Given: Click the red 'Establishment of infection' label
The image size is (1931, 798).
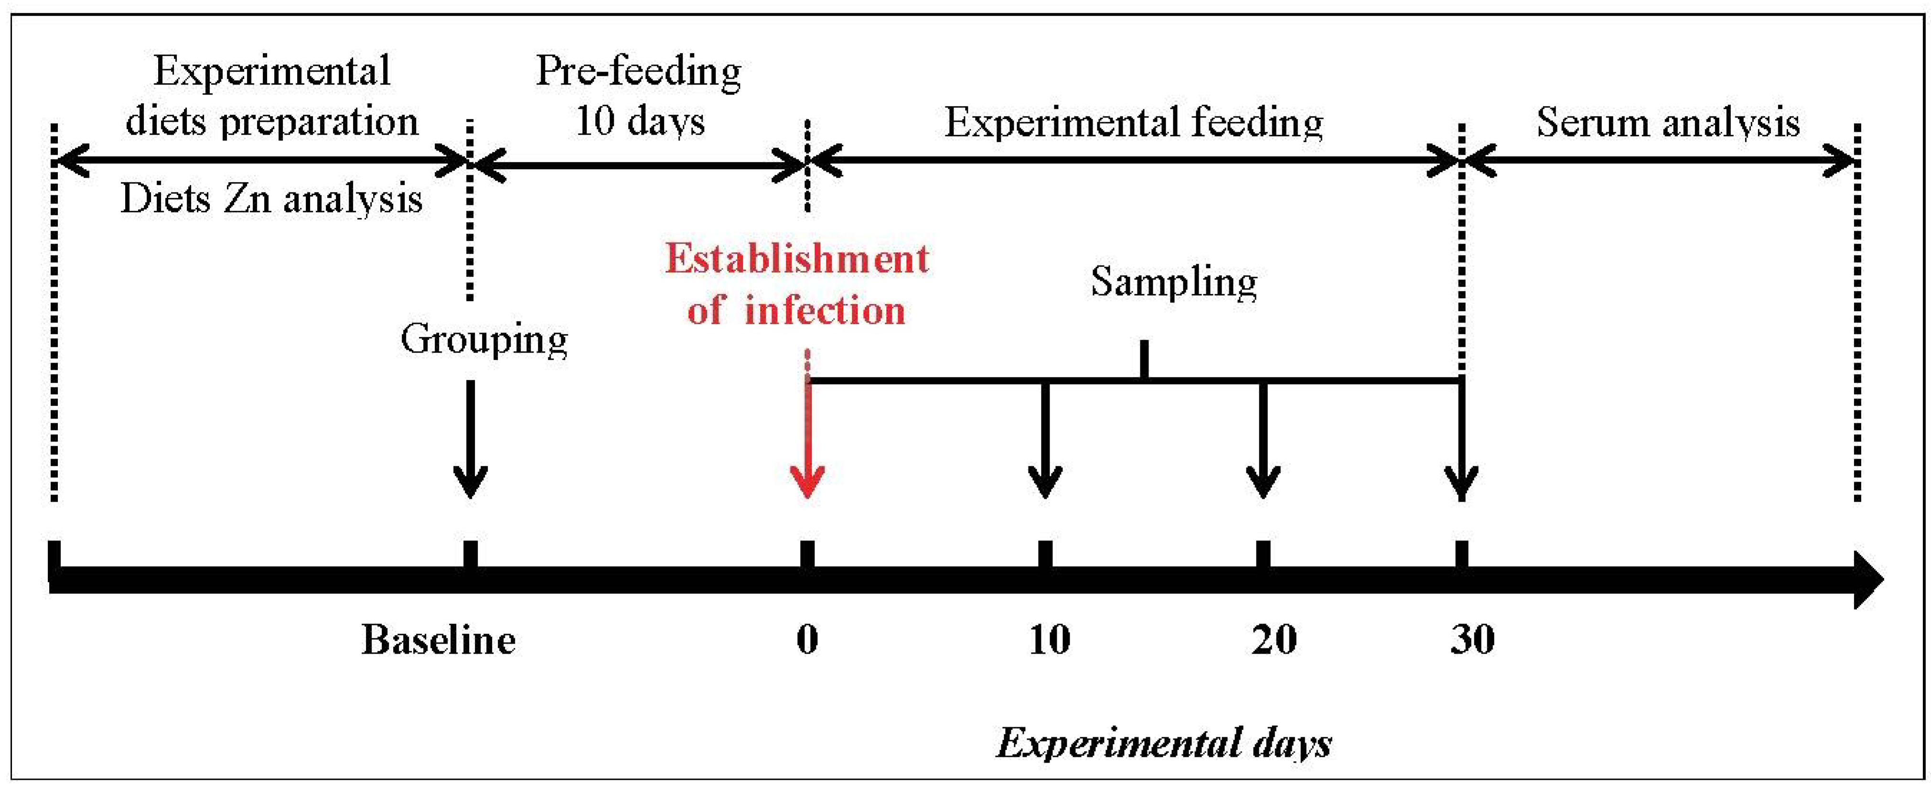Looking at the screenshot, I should [x=797, y=285].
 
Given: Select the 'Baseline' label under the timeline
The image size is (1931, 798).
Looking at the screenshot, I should [x=439, y=640].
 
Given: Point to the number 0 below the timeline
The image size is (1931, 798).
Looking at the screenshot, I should [x=807, y=640].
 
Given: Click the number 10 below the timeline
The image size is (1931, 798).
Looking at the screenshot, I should [x=1049, y=640].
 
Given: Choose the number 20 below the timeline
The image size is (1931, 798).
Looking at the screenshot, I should [x=1274, y=640].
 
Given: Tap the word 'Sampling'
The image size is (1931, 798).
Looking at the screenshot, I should [x=1174, y=283].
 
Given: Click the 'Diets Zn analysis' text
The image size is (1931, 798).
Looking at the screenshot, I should [x=271, y=199].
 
